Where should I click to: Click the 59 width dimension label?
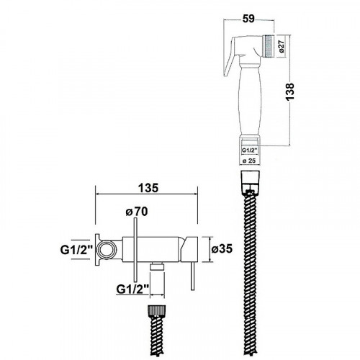click(x=248, y=19)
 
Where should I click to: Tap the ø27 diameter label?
click(x=282, y=47)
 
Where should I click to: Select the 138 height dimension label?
click(x=289, y=92)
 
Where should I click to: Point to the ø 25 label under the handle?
click(x=249, y=161)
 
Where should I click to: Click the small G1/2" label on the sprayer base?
click(x=250, y=150)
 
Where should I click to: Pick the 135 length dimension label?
click(x=148, y=188)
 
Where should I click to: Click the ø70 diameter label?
click(x=137, y=212)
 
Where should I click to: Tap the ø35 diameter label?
click(x=222, y=249)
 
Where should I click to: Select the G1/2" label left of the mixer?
click(x=76, y=250)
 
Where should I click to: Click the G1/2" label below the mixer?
click(x=132, y=289)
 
